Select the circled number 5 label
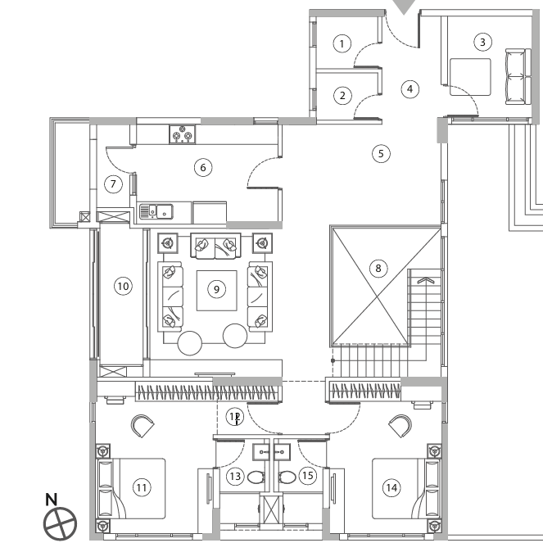click(378, 152)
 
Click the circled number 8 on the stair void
click(378, 268)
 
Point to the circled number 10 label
click(123, 286)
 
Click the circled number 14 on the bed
click(391, 487)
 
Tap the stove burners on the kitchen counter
click(182, 133)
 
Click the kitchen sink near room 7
click(156, 212)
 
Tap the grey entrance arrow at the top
click(404, 7)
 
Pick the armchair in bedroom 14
click(400, 426)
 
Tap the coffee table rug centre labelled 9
click(216, 288)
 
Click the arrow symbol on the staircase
click(423, 281)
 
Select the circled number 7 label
click(115, 183)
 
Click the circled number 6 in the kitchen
click(203, 167)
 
